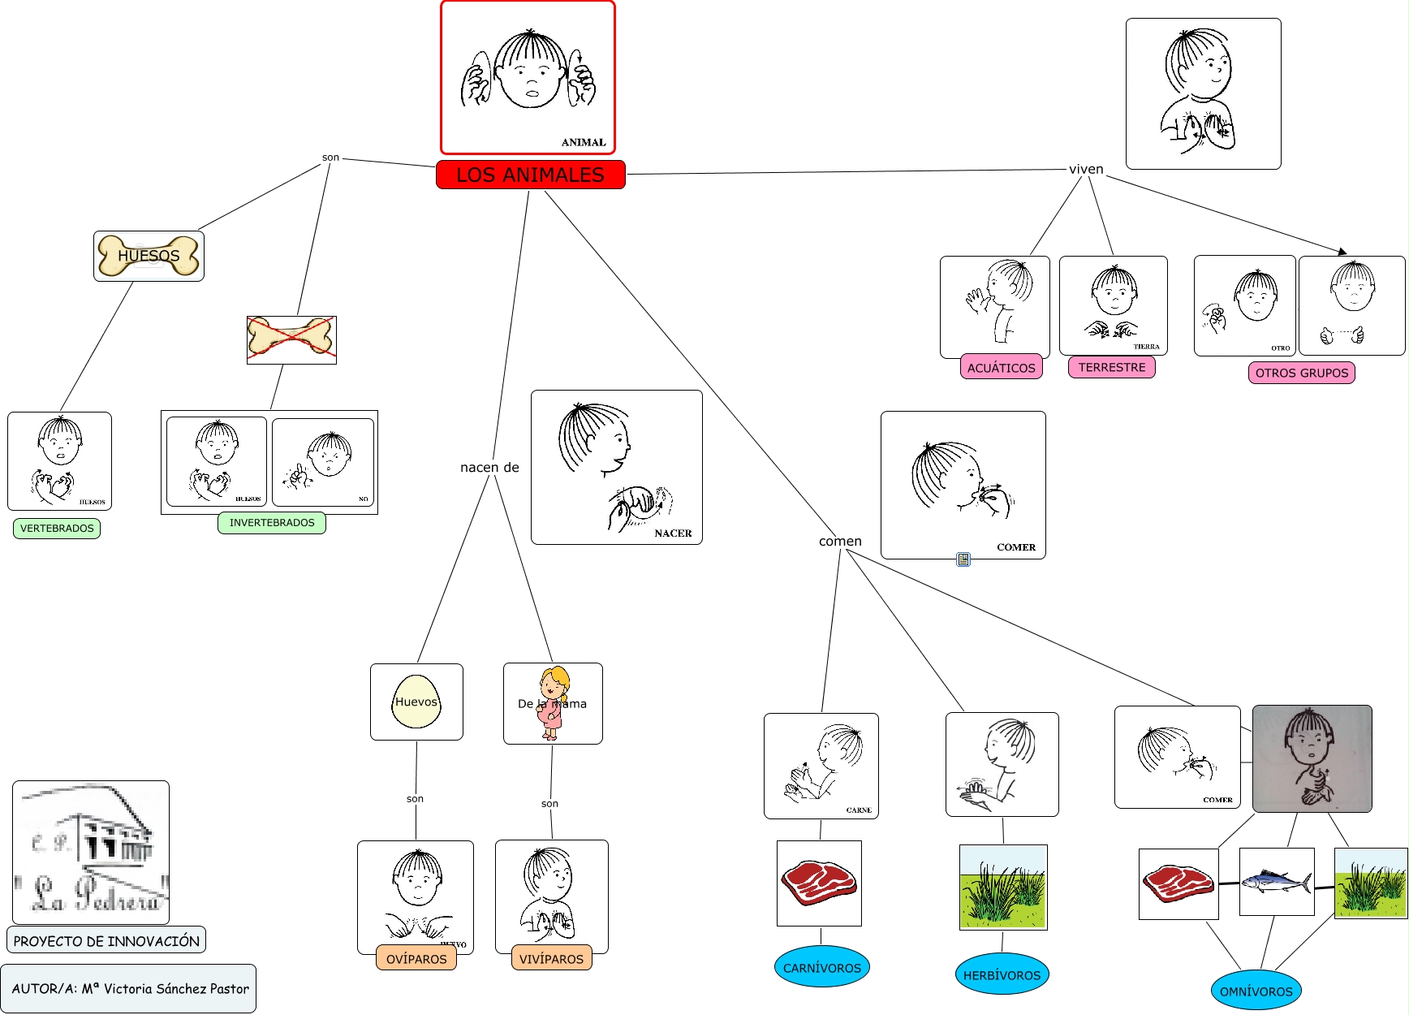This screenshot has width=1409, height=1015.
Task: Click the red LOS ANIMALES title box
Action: pos(530,175)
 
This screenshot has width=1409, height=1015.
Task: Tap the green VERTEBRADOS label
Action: pos(57,529)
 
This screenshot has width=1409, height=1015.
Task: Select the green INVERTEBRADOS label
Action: pos(272,523)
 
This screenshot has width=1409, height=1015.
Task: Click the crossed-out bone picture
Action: pos(291,339)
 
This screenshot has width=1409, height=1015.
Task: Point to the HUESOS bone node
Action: pos(149,256)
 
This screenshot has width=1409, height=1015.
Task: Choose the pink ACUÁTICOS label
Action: pos(1001,368)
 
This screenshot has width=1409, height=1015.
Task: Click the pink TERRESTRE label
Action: pos(1111,367)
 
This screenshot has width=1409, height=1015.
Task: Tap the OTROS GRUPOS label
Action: pos(1301,373)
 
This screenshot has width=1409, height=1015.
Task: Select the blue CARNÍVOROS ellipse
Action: pos(821,967)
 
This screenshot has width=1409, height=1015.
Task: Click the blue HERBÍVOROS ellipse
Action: pos(1002,974)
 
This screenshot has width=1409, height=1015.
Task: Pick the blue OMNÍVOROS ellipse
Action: pos(1256,991)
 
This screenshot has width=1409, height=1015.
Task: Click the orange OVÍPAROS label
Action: pos(416,958)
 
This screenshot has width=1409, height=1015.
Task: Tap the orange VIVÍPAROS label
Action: pos(551,958)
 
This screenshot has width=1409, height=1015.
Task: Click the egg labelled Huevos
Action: pos(416,702)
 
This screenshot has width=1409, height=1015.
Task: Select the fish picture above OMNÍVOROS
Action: pos(1276,882)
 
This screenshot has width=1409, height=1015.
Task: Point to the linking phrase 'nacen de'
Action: pos(489,468)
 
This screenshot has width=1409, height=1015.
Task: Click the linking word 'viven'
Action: pos(1086,169)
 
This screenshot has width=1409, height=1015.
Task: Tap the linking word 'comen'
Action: pos(840,541)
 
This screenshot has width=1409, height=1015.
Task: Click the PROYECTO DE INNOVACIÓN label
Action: pos(106,940)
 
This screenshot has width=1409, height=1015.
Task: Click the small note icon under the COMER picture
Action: pos(963,559)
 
